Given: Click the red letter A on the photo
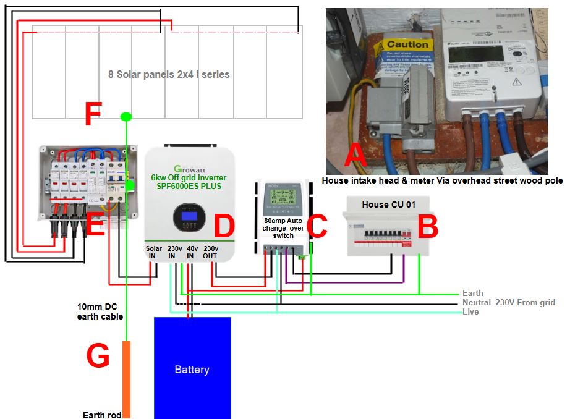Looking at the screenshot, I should pos(355,156).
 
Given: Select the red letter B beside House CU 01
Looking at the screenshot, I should pos(427,227).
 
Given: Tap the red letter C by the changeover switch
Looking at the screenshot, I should pos(317,227).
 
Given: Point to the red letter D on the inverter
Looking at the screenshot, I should pos(224,227).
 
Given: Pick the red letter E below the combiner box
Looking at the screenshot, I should pos(96,227).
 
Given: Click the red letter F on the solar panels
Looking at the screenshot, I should pos(92,115).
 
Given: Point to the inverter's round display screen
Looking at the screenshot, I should pos(189,217).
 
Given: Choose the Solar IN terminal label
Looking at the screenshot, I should pos(154,252).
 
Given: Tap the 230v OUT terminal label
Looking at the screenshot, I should pos(211,252).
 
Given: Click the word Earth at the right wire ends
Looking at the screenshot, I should pos(473,293).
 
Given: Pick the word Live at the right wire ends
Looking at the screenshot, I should pos(470,312).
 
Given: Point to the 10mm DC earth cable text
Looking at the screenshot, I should pos(100,311).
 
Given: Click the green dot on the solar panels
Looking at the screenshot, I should pos(126,116).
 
